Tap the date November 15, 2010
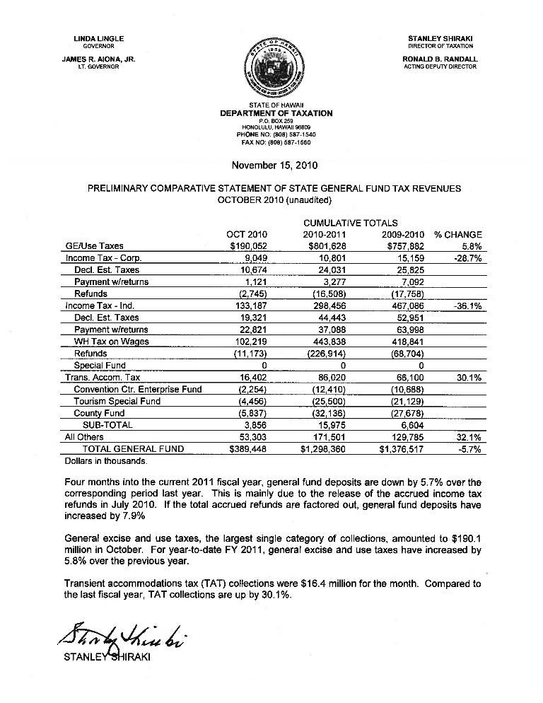tap(275, 166)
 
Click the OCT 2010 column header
tap(247, 234)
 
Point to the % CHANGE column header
tap(458, 234)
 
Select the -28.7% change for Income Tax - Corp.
tap(467, 258)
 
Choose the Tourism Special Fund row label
tap(117, 401)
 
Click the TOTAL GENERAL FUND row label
tap(134, 449)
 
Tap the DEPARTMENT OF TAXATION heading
tap(276, 113)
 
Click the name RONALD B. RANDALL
tap(440, 59)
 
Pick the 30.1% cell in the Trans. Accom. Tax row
tap(469, 378)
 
